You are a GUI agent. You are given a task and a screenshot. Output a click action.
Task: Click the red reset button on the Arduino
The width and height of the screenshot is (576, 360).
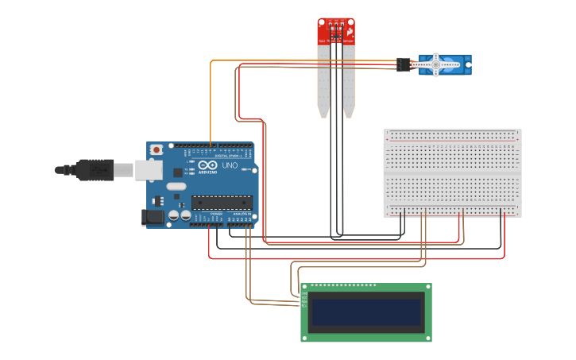point(157,149)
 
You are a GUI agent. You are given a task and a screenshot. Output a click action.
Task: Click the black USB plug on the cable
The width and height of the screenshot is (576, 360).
point(95,169)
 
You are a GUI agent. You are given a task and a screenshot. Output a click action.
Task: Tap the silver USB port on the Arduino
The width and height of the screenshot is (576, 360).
point(147,169)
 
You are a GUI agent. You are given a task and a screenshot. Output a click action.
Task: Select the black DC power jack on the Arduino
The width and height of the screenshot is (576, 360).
point(152,216)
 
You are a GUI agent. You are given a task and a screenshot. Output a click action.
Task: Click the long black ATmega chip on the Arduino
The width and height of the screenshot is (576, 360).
point(222,203)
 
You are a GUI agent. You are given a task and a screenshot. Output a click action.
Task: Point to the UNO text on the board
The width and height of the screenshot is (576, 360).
point(230,176)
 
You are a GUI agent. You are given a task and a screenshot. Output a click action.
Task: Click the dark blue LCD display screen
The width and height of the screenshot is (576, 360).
point(366,312)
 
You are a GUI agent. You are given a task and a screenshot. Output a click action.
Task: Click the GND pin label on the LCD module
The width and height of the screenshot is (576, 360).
point(303,293)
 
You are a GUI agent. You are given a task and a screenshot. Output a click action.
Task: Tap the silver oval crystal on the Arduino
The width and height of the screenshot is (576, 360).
point(176,187)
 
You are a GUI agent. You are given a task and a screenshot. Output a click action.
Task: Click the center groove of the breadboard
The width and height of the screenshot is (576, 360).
point(452,173)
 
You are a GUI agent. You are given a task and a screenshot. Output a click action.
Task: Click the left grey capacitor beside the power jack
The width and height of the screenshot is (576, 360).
point(172,215)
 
